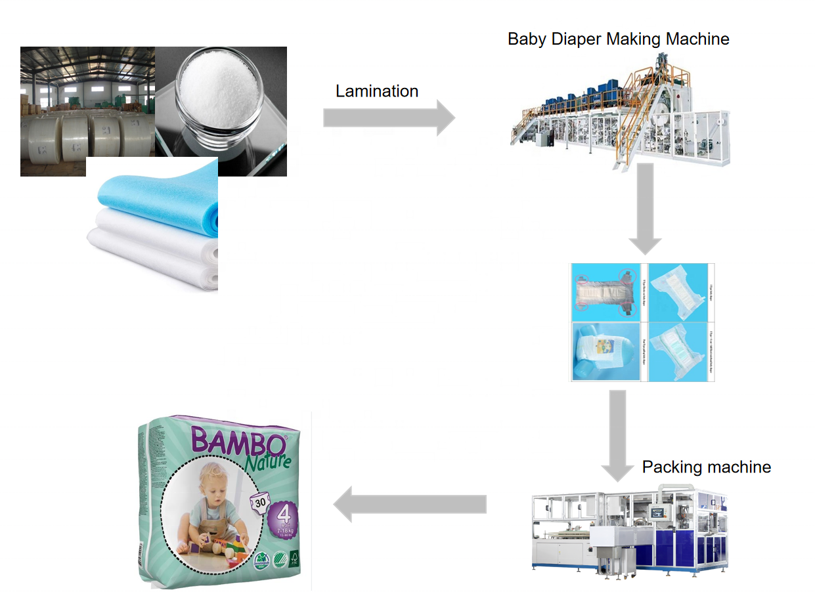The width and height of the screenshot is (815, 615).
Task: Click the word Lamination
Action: point(376,91)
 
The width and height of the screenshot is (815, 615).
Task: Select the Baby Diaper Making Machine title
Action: point(618,39)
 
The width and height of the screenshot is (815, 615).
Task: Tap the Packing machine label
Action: point(706,467)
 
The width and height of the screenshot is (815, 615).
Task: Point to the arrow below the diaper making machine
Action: point(645,209)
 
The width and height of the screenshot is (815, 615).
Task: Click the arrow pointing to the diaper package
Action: point(410,504)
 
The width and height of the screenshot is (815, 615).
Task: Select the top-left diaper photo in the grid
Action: point(608,292)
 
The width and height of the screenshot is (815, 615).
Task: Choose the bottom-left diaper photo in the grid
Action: point(608,351)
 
